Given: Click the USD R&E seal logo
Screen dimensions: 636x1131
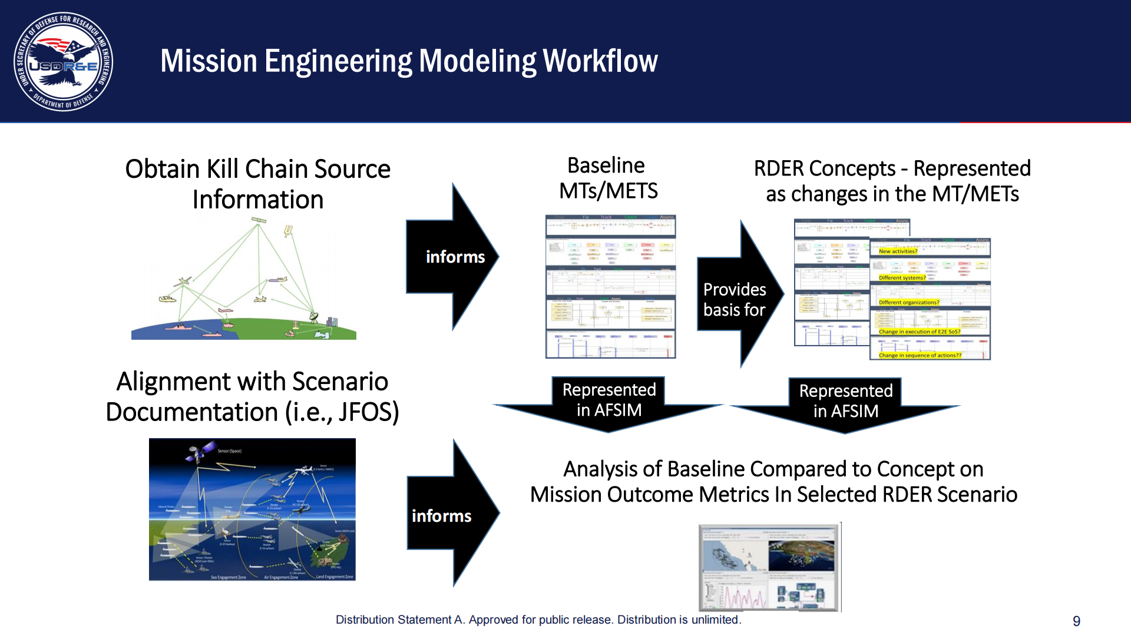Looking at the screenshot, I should click(x=64, y=62).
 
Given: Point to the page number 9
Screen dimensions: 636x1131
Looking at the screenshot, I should click(x=1076, y=621).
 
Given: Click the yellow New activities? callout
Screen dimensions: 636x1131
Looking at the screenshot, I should click(x=898, y=251).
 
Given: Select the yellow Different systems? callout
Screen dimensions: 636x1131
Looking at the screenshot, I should click(x=902, y=278).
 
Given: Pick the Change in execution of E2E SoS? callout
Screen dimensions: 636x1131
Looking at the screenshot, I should click(x=919, y=332).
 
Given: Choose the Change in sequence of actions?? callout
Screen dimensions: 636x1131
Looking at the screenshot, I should click(x=920, y=356).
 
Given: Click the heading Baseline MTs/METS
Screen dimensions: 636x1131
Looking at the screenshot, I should click(x=608, y=178).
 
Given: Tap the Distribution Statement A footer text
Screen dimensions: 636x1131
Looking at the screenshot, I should click(x=538, y=620).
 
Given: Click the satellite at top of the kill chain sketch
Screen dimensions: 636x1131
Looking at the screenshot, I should click(x=258, y=221).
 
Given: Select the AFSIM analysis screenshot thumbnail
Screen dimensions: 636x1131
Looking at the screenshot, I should click(x=769, y=568).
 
